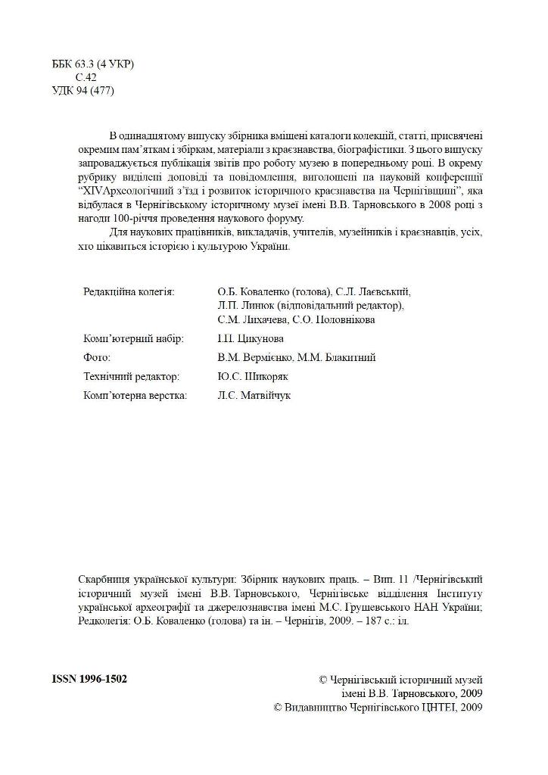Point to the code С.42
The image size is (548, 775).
pos(86,77)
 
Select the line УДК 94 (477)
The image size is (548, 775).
pos(83,91)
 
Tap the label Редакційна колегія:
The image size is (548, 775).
pos(128,291)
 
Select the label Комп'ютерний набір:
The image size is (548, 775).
pos(132,339)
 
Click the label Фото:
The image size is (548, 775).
pos(96,358)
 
